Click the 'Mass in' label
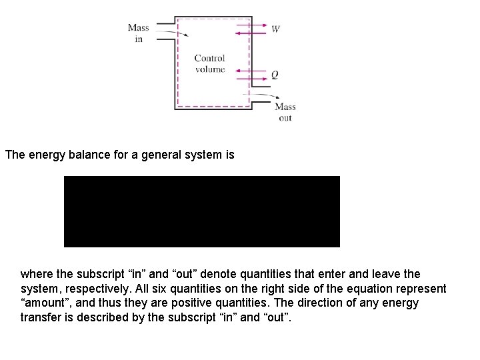pyautogui.click(x=138, y=33)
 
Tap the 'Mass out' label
pyautogui.click(x=285, y=112)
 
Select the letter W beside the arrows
pyautogui.click(x=275, y=29)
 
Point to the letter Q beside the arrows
pyautogui.click(x=275, y=75)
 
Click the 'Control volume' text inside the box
pyautogui.click(x=209, y=64)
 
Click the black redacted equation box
pyautogui.click(x=201, y=211)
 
